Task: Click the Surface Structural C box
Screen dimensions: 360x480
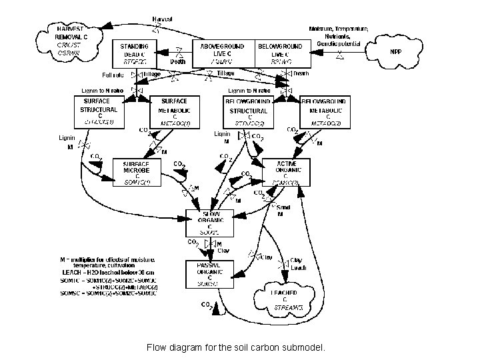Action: pyautogui.click(x=99, y=111)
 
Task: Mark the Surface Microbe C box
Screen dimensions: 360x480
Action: pyautogui.click(x=138, y=172)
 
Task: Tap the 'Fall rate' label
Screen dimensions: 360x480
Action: pyautogui.click(x=114, y=75)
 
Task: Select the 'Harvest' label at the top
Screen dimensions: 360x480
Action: pyautogui.click(x=163, y=21)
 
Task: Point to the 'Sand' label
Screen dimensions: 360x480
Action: pyautogui.click(x=283, y=207)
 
